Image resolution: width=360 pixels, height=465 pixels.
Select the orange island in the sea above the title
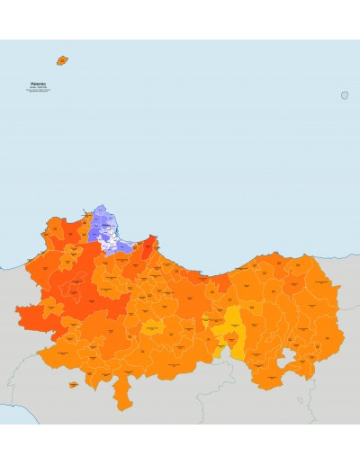pos(62,60)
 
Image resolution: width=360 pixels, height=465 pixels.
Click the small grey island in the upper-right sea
pos(345,94)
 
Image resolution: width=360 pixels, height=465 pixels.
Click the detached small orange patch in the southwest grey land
pos(73,385)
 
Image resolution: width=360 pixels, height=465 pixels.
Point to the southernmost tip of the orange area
pos(120,409)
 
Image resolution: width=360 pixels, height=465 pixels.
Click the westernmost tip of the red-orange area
pos(17,311)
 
